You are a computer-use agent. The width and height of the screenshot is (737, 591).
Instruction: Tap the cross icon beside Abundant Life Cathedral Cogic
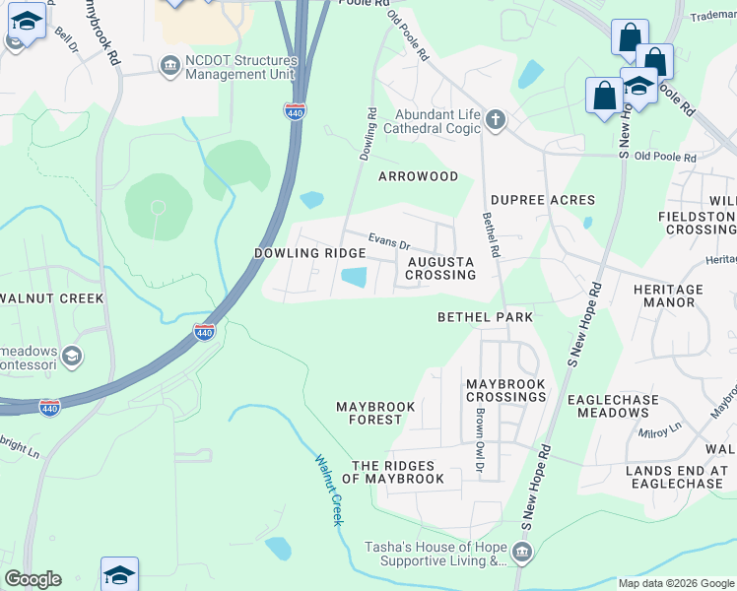495,120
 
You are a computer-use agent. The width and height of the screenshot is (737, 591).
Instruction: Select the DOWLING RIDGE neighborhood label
309,253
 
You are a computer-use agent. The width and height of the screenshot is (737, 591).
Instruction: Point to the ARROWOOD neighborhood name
419,176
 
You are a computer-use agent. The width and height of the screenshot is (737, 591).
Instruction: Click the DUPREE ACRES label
543,200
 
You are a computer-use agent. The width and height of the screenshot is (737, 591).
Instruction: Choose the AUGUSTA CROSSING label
440,268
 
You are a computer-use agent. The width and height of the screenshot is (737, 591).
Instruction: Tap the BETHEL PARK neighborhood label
485,317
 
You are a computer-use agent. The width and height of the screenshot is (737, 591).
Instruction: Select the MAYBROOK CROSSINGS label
505,389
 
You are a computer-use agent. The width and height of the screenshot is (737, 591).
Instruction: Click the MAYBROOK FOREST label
369,413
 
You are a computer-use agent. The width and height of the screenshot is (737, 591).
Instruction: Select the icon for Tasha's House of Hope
522,550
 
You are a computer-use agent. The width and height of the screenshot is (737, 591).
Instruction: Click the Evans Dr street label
388,239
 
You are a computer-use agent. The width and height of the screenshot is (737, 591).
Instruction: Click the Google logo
32,579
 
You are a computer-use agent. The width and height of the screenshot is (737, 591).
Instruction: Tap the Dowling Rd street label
368,134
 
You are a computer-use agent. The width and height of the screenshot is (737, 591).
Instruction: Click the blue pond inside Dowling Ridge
354,280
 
